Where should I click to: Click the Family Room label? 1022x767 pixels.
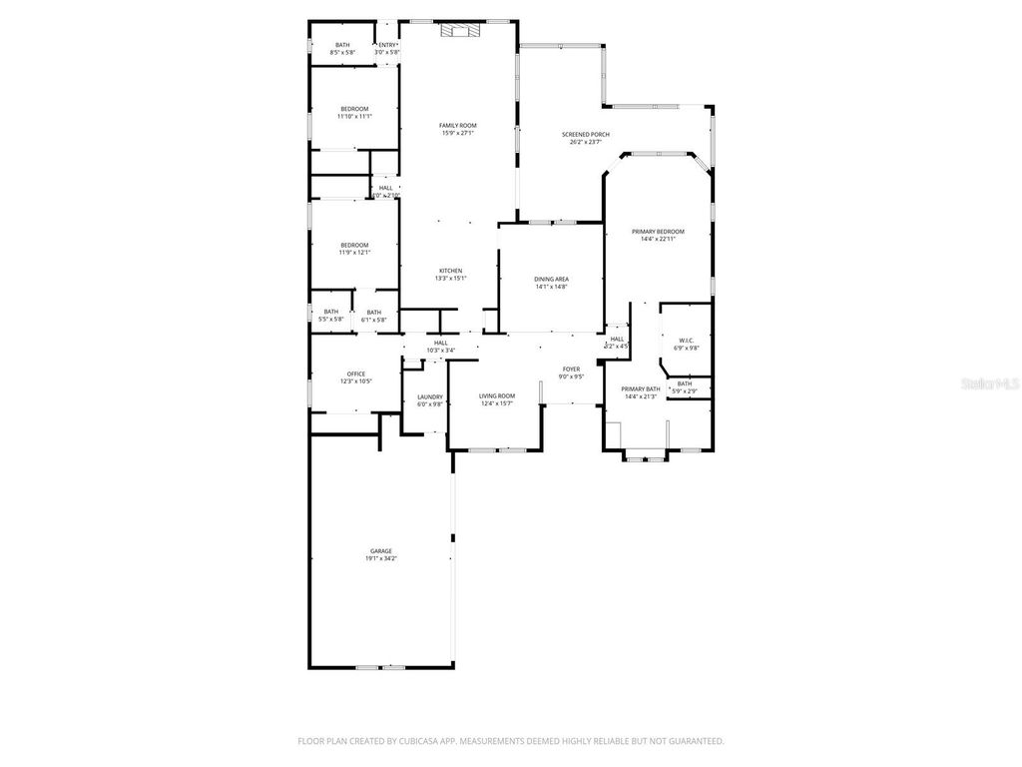[457, 125]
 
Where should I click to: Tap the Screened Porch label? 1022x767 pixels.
[586, 134]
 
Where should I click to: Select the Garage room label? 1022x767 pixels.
[381, 550]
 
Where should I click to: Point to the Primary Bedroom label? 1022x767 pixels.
[658, 231]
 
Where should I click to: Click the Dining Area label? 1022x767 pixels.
[551, 279]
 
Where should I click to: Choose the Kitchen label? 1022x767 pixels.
[450, 271]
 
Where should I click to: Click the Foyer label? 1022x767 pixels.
[571, 369]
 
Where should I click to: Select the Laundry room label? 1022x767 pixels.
[430, 396]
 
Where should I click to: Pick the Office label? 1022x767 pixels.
[356, 374]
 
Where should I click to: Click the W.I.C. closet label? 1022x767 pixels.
[686, 340]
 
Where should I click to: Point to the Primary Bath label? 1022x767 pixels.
[641, 388]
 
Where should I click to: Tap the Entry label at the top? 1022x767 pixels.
[387, 45]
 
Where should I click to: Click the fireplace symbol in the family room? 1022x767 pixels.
[459, 30]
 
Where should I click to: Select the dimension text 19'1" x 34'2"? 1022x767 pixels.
[381, 558]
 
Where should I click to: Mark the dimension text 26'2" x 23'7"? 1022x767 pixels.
[586, 142]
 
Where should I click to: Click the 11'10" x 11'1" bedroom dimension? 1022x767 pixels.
[354, 117]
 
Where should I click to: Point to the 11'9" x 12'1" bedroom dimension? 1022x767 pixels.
[354, 253]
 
